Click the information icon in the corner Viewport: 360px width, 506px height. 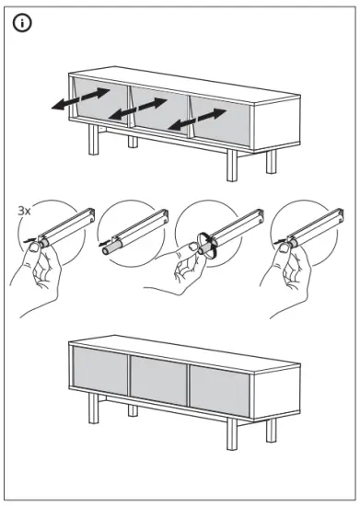pyautogui.click(x=22, y=23)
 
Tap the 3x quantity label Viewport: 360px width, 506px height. pyautogui.click(x=25, y=211)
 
